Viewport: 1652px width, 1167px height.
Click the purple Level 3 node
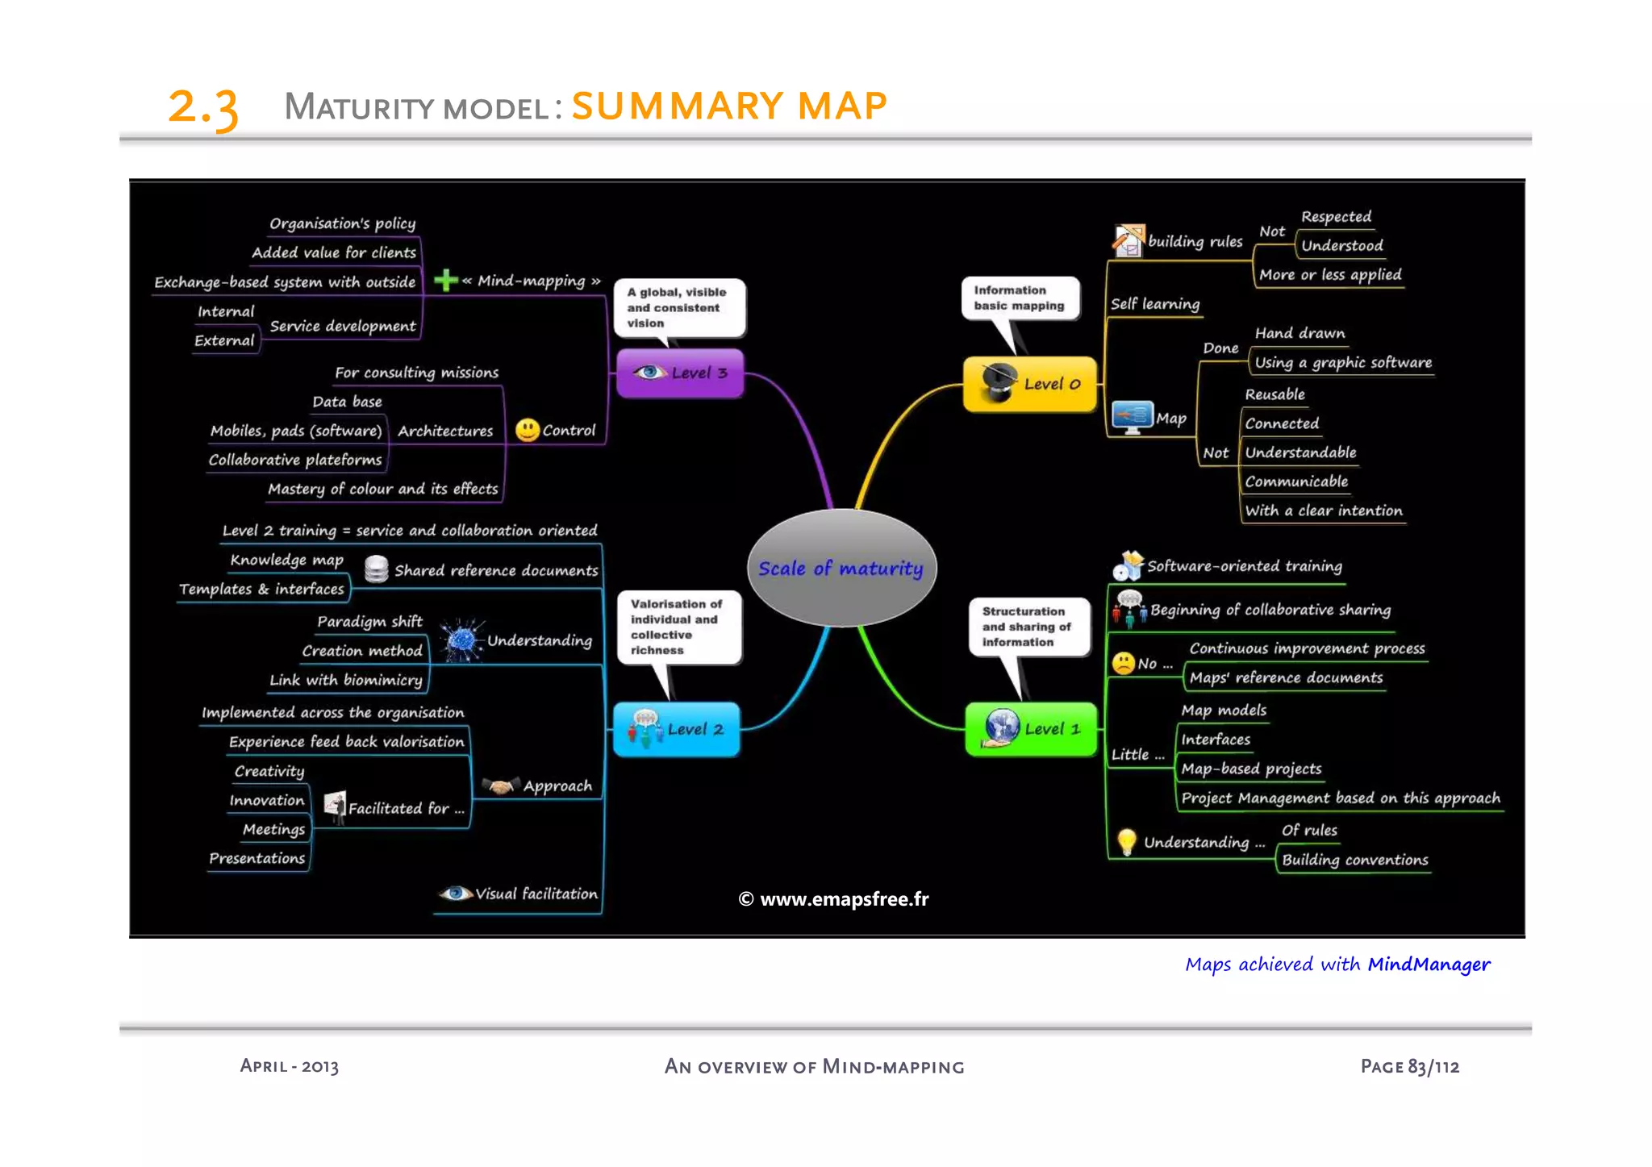[679, 373]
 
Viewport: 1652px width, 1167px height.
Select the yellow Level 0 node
[1030, 384]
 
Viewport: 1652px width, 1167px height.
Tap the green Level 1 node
[1031, 728]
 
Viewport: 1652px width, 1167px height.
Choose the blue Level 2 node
[676, 728]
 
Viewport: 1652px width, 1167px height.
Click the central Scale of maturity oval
[841, 568]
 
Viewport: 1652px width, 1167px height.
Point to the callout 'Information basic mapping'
[1019, 298]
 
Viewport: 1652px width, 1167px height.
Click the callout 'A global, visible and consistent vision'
[678, 307]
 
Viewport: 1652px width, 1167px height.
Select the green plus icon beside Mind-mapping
[445, 281]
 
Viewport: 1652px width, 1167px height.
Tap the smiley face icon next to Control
[527, 430]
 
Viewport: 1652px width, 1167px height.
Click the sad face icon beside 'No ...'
[1123, 663]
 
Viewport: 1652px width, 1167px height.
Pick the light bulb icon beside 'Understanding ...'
[1126, 841]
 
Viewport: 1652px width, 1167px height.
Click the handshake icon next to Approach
[501, 786]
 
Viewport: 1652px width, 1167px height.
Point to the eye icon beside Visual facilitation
[455, 893]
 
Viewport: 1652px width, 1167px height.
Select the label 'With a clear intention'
[1323, 511]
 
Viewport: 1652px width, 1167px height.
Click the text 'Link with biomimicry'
[345, 680]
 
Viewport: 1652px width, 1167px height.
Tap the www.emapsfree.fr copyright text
[834, 898]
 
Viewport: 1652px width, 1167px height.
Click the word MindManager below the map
[1429, 964]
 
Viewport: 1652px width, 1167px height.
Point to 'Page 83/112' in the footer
[1409, 1066]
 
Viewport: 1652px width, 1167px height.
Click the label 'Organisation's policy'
[342, 223]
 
